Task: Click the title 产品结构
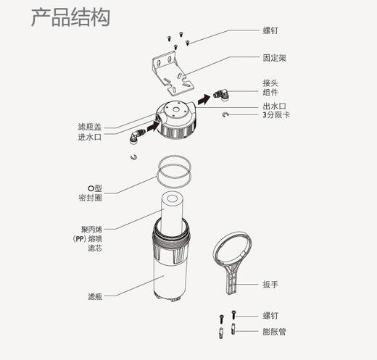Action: tap(70, 17)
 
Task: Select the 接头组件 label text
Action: tap(270, 87)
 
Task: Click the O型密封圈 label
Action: tap(91, 192)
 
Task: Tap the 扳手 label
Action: tap(270, 285)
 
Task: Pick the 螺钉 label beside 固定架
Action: tap(270, 32)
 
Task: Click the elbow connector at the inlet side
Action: tap(137, 135)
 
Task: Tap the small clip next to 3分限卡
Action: tap(228, 115)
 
